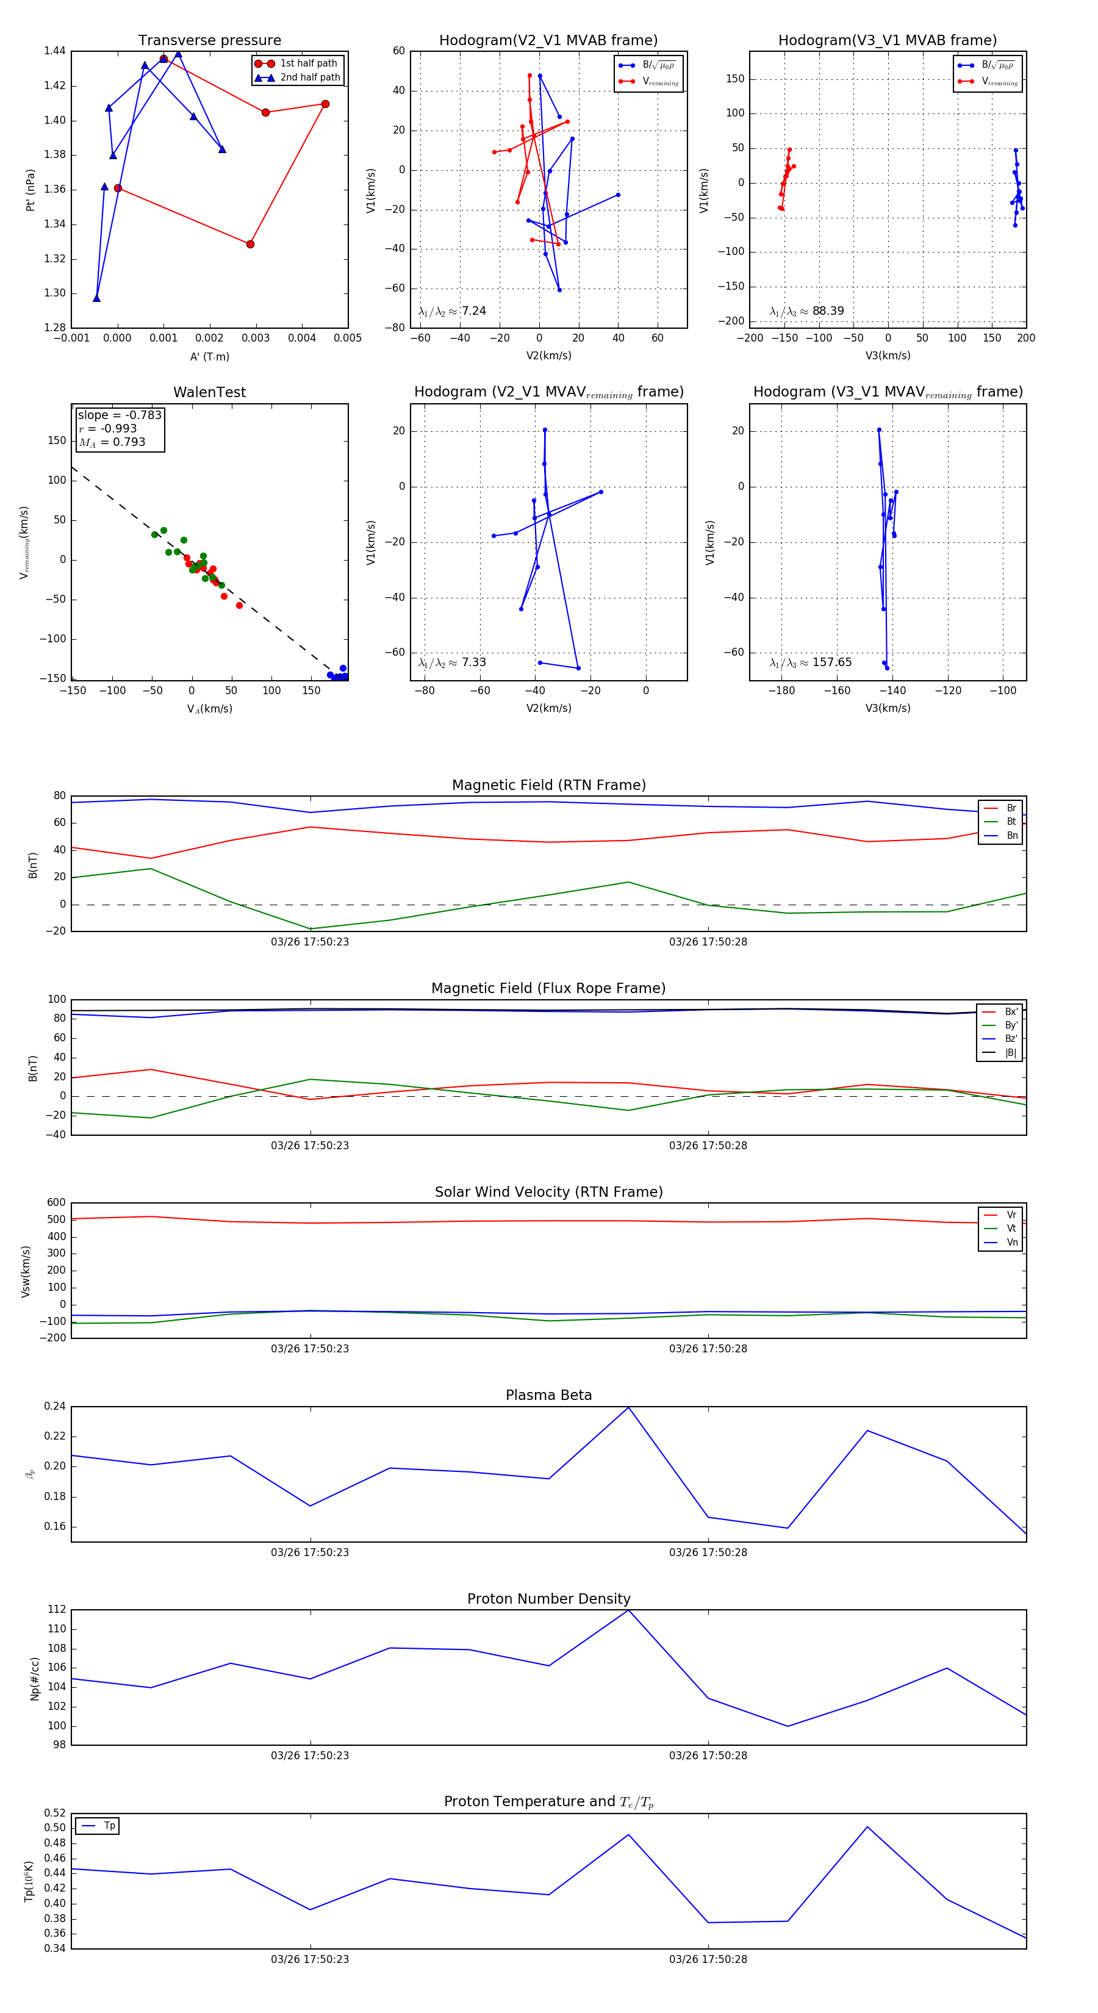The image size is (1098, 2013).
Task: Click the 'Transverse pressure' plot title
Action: [209, 41]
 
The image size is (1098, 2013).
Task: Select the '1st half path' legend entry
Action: [308, 63]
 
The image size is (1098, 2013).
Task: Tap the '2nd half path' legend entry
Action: [309, 77]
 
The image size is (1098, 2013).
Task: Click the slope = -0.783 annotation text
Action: [120, 415]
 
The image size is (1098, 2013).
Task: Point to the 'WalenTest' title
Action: [209, 392]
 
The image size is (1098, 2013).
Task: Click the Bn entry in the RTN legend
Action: [1011, 835]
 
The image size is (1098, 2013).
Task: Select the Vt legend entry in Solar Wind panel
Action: [1011, 1229]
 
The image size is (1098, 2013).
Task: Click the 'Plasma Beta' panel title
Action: [548, 1395]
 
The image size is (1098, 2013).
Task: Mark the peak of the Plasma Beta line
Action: [628, 1407]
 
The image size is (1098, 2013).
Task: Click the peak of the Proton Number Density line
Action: [628, 1610]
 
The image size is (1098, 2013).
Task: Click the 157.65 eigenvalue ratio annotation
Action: [831, 662]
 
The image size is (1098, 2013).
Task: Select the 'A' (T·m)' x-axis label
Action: [209, 356]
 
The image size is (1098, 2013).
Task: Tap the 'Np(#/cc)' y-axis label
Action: [34, 1679]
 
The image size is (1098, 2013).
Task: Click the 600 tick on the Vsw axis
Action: [56, 1203]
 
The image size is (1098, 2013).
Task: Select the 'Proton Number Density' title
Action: [548, 1599]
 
